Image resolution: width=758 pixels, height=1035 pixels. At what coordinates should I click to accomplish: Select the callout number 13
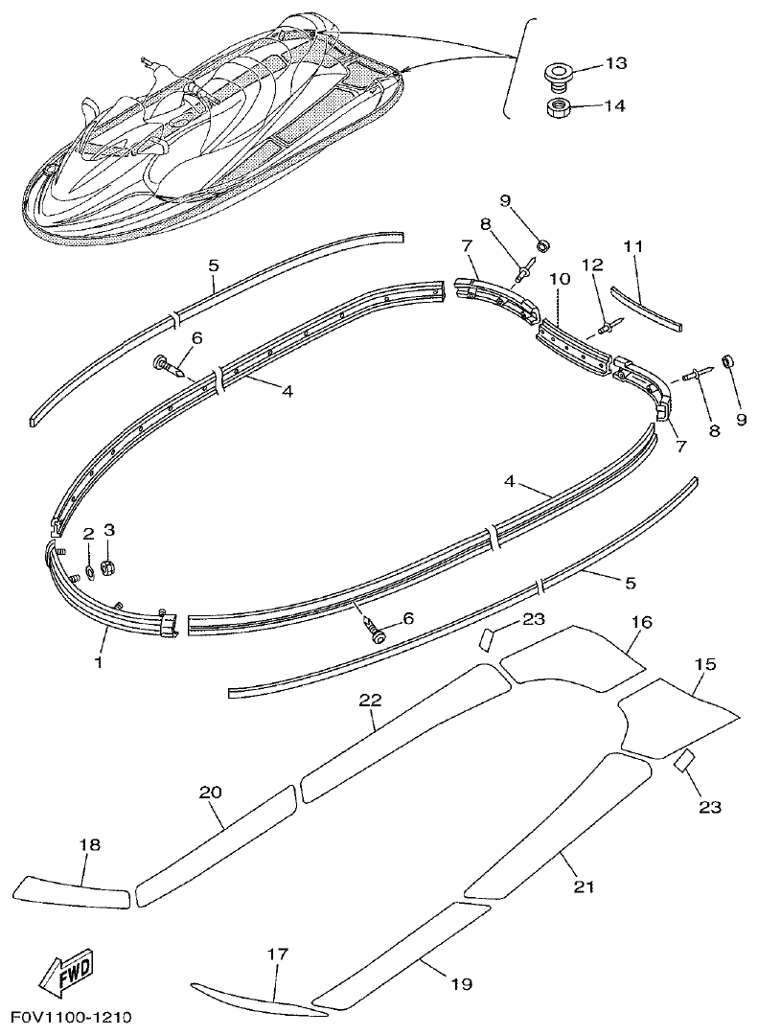pos(615,63)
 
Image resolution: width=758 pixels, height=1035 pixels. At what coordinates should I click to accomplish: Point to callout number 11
pos(632,246)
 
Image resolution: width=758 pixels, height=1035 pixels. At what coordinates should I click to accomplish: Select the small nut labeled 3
pos(108,568)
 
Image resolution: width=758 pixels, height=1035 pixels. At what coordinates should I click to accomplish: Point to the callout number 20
pos(211,793)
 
